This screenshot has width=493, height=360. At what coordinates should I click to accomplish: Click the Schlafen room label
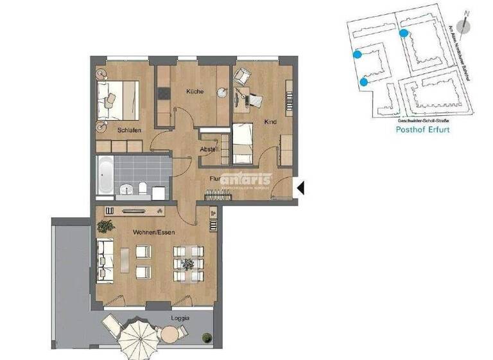point(129,130)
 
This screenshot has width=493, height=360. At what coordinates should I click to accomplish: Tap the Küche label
point(195,91)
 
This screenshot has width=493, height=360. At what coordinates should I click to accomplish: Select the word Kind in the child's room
point(270,121)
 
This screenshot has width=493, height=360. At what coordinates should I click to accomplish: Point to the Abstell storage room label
point(209,150)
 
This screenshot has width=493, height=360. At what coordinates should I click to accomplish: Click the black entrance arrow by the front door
point(300,188)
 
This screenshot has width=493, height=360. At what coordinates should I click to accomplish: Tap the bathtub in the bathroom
point(105,175)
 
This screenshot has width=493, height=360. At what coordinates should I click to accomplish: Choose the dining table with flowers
point(187,264)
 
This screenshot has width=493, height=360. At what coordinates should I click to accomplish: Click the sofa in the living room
point(105,261)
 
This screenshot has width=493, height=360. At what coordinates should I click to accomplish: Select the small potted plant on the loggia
point(207,337)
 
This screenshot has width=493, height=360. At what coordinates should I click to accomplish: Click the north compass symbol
point(467,26)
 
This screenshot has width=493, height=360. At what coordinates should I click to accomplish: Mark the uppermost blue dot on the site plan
point(403,32)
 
